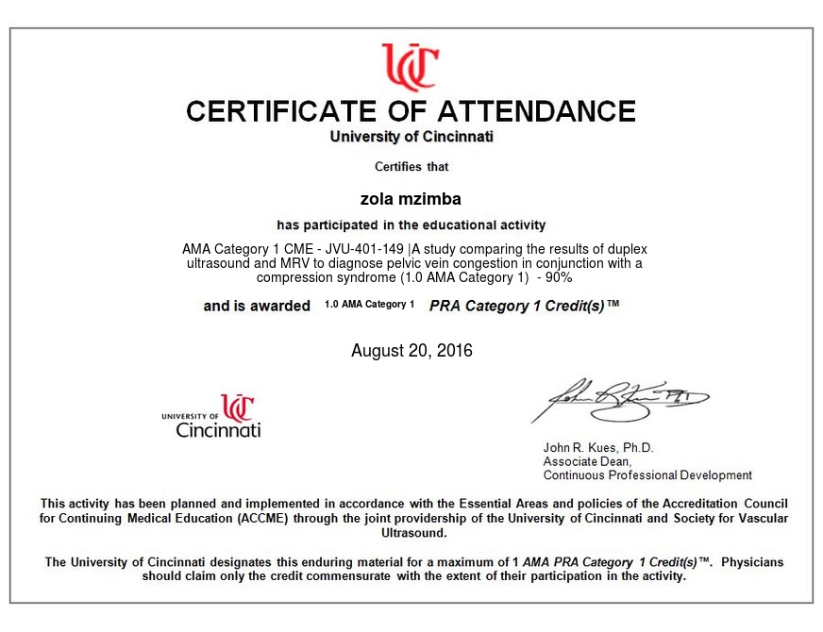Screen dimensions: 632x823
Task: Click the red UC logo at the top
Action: click(x=411, y=65)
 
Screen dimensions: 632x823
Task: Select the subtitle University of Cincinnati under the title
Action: click(x=411, y=137)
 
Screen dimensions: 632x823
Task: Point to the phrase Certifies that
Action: click(x=411, y=167)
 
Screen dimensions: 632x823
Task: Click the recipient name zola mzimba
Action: click(x=411, y=199)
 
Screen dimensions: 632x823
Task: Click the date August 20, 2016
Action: click(x=411, y=351)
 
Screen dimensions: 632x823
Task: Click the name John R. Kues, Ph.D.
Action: click(x=598, y=447)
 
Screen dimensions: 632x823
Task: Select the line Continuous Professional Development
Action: click(x=647, y=475)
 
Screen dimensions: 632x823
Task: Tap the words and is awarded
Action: click(x=257, y=306)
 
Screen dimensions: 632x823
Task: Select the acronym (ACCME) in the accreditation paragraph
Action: click(x=259, y=519)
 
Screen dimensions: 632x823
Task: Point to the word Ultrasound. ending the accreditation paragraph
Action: click(x=411, y=533)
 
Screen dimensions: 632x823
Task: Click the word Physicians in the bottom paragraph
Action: click(x=752, y=562)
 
